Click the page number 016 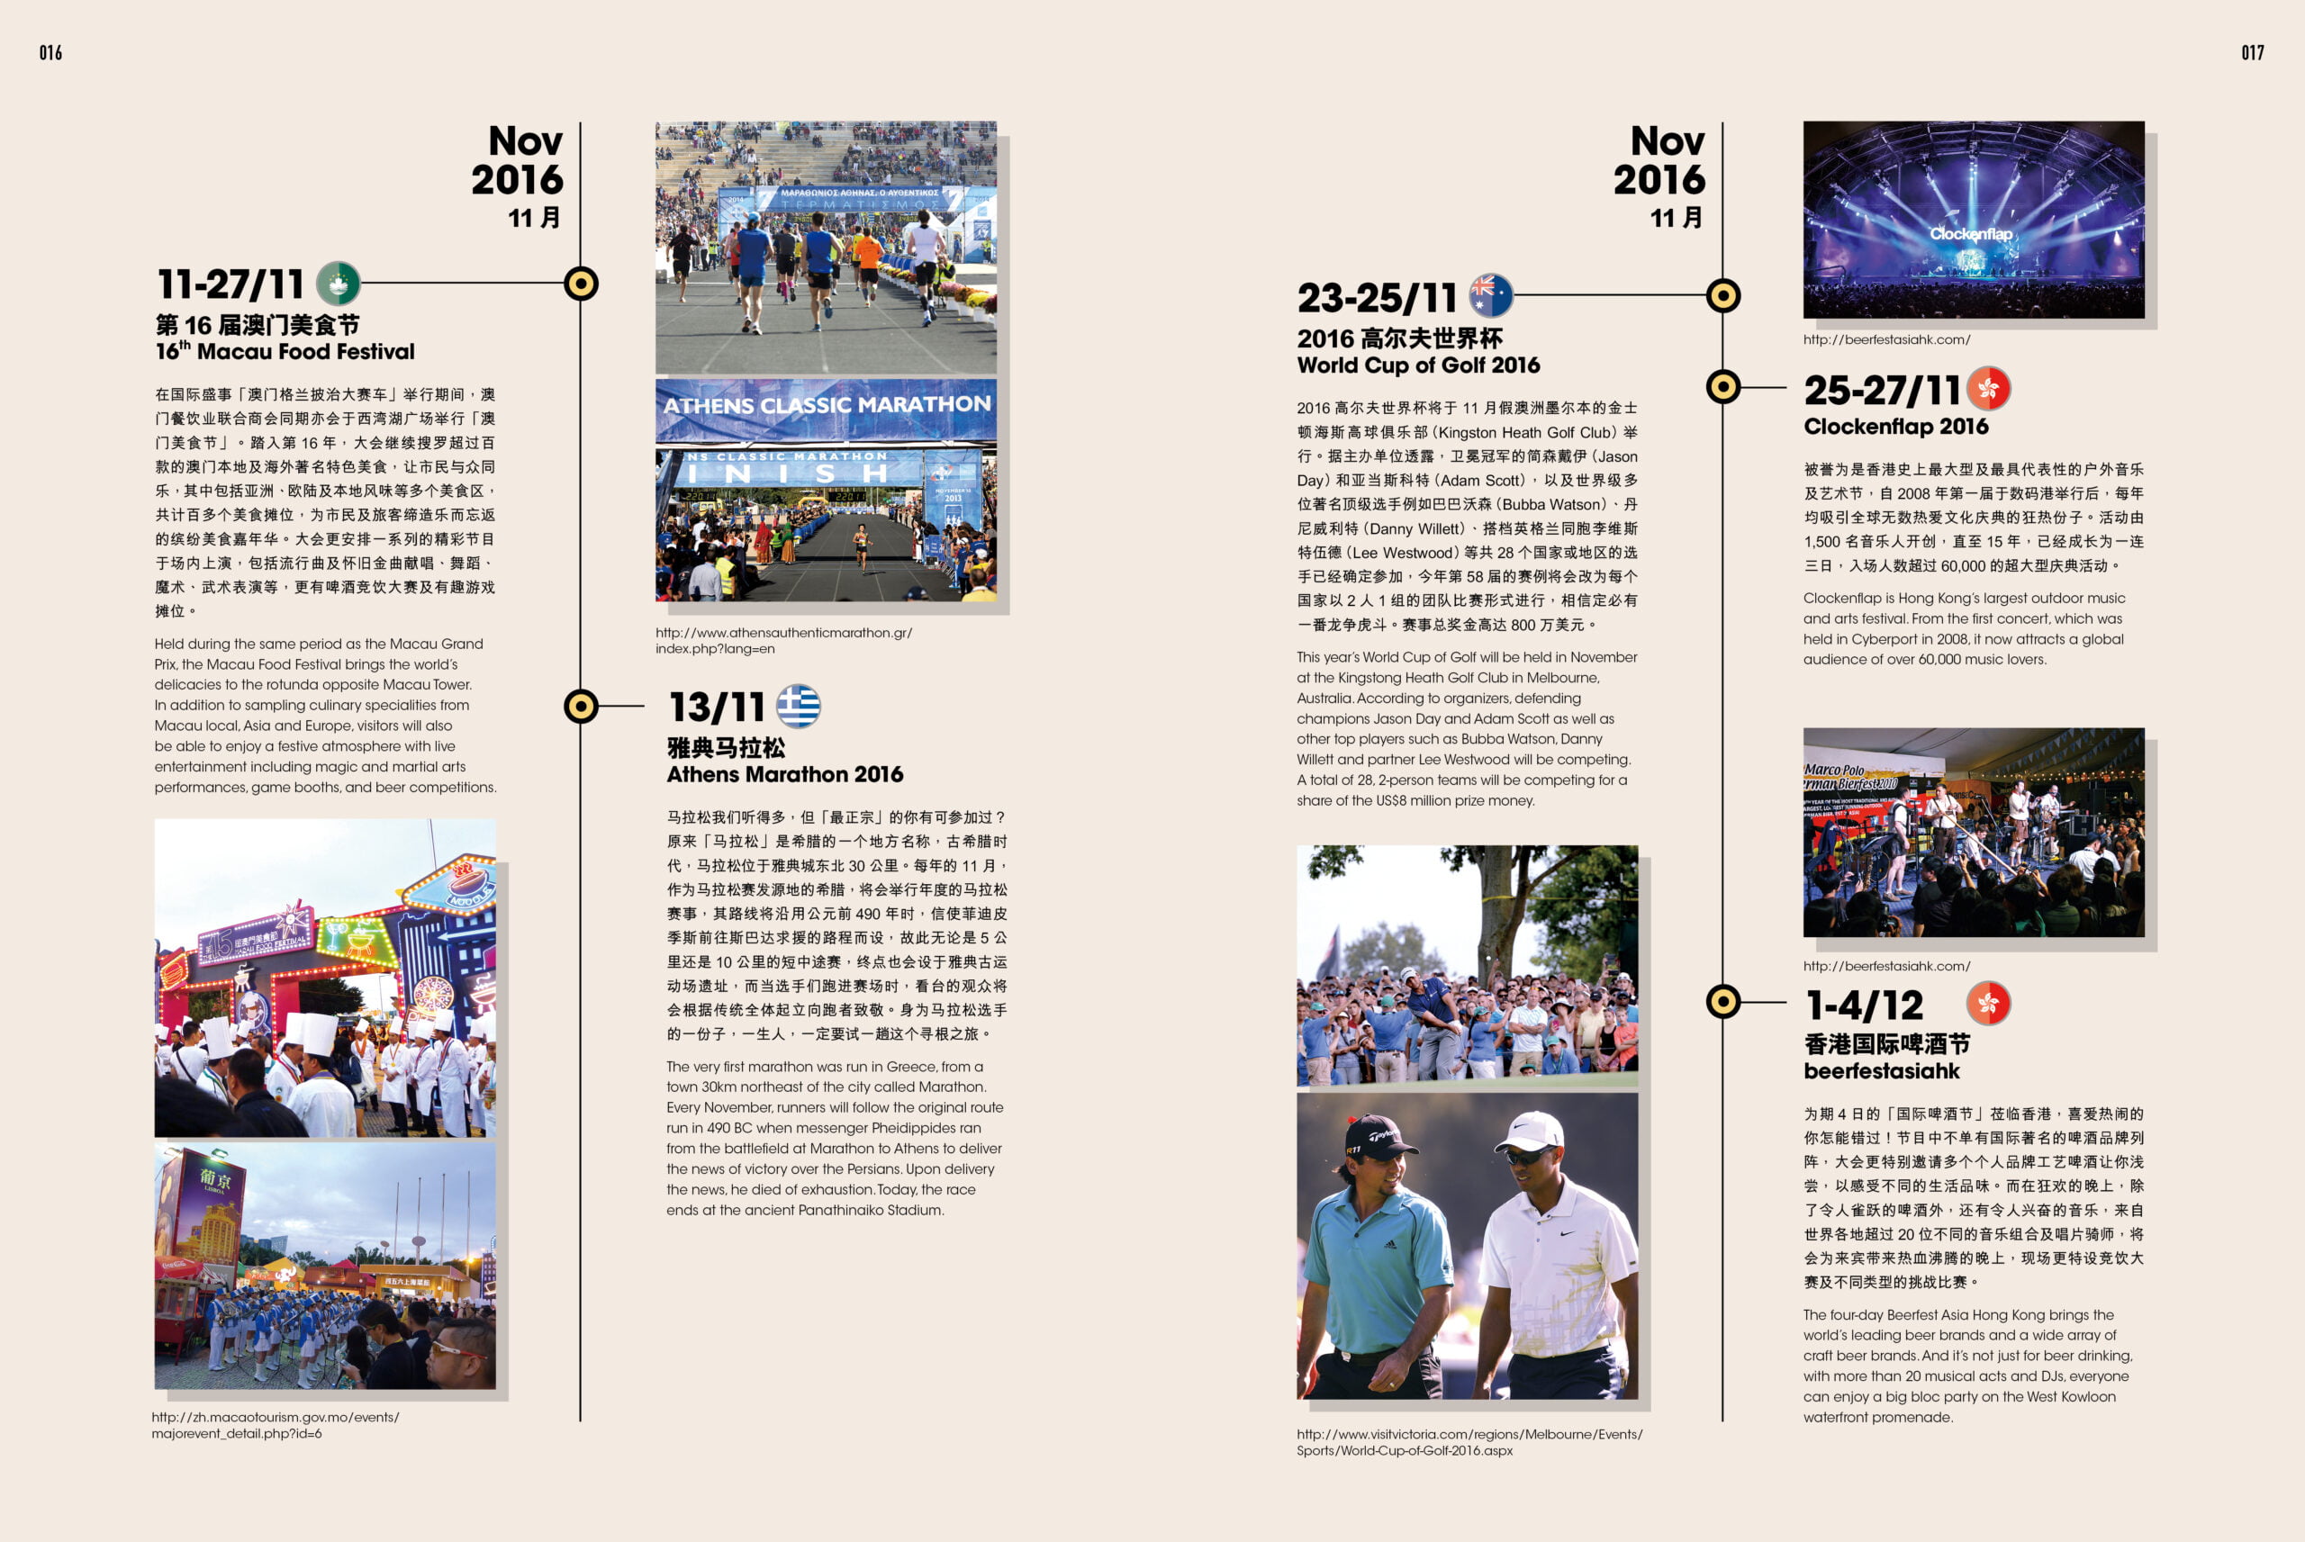[50, 53]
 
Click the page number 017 [2252, 53]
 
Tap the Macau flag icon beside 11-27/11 [339, 284]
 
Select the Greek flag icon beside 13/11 [799, 706]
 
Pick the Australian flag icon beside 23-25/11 [1491, 295]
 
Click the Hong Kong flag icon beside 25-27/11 [1988, 389]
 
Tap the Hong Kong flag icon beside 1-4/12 [1988, 1003]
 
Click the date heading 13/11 [717, 707]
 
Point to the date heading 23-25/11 [1377, 297]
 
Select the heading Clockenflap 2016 [1895, 426]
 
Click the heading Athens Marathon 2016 [785, 774]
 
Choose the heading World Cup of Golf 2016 [1418, 365]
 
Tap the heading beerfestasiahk [1881, 1071]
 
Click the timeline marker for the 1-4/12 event [1722, 1001]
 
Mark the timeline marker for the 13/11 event [581, 706]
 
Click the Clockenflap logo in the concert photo [1970, 234]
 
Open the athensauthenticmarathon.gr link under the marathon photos [782, 640]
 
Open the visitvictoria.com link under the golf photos [1469, 1442]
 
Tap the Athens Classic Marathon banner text [826, 405]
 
